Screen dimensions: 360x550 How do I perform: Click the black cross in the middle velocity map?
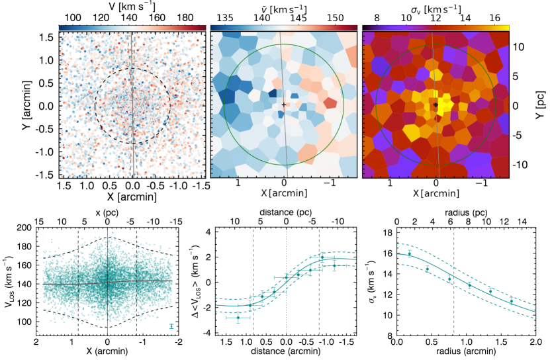[x=284, y=105]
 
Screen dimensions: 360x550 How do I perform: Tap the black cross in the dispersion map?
[x=435, y=105]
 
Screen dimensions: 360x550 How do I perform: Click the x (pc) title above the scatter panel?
[x=108, y=210]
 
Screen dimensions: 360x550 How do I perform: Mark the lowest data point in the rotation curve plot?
[x=238, y=318]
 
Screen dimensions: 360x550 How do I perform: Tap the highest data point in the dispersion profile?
[x=409, y=254]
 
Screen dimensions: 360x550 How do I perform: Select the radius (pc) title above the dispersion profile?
[x=467, y=210]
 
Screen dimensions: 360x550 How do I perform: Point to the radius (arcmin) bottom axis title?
[x=467, y=355]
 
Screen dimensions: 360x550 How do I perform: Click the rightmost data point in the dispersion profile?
[x=512, y=301]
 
